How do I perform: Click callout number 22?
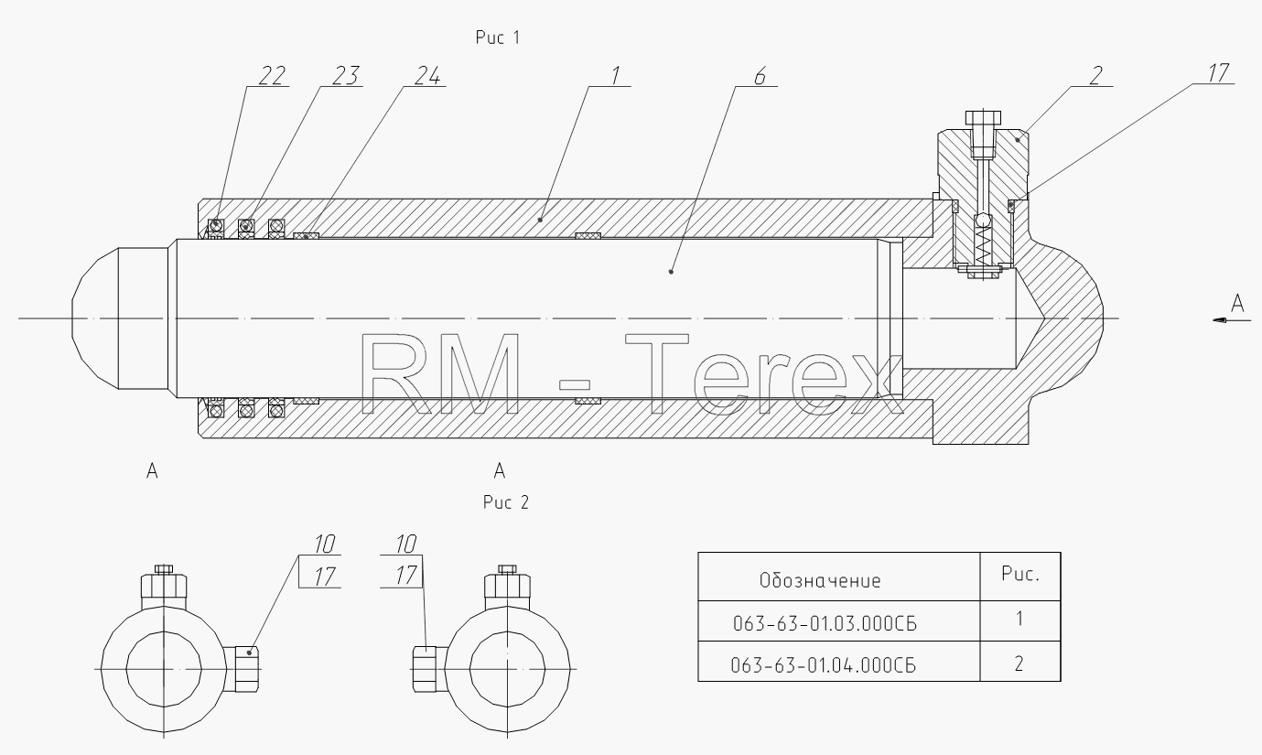(272, 76)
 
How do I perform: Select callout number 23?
(345, 76)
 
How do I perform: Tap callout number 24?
(427, 76)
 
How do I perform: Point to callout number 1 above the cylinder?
(615, 76)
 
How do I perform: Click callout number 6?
(760, 76)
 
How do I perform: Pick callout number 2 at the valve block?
(1095, 76)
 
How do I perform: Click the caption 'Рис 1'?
(498, 38)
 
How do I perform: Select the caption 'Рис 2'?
(506, 502)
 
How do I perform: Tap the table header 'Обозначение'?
(820, 580)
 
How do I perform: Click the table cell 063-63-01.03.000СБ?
(825, 624)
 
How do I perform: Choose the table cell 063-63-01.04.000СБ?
(823, 666)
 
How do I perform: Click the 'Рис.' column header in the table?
(1020, 574)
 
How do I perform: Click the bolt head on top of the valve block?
(983, 118)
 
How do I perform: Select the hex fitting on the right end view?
(430, 669)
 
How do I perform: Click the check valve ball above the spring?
(983, 221)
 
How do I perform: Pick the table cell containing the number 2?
(1019, 663)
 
